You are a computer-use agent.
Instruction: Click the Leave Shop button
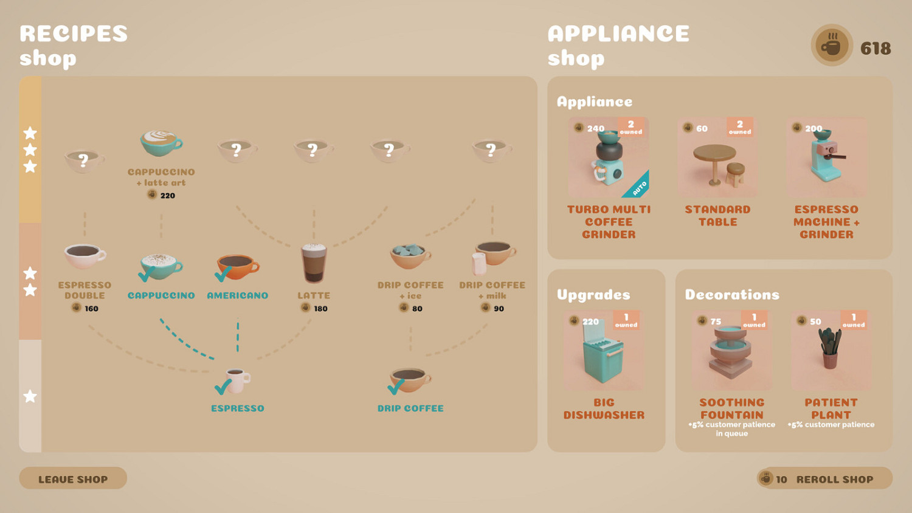click(x=73, y=478)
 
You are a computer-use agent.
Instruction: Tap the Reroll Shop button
click(x=825, y=478)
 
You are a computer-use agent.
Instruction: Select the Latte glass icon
click(x=314, y=263)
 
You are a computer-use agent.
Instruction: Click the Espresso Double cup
click(x=85, y=256)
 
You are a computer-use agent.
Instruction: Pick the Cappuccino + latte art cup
click(x=161, y=143)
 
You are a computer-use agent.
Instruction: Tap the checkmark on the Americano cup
click(x=223, y=274)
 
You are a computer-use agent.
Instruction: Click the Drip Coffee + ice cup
click(x=410, y=256)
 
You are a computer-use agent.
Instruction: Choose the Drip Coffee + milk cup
click(x=493, y=257)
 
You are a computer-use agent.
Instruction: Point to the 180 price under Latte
click(x=320, y=309)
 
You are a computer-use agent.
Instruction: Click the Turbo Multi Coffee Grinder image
click(x=608, y=157)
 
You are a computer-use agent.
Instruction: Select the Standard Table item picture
click(x=717, y=157)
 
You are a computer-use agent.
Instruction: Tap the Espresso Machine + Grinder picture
click(x=826, y=157)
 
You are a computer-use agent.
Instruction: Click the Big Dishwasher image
click(x=604, y=351)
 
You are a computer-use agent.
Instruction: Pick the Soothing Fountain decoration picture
click(x=731, y=351)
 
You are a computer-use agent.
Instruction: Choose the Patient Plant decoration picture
click(x=831, y=351)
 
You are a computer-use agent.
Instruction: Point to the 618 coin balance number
click(x=876, y=49)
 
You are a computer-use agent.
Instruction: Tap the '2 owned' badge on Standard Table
click(x=740, y=127)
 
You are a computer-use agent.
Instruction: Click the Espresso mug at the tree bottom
click(x=237, y=380)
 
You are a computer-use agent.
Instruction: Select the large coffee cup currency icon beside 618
click(x=832, y=45)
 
